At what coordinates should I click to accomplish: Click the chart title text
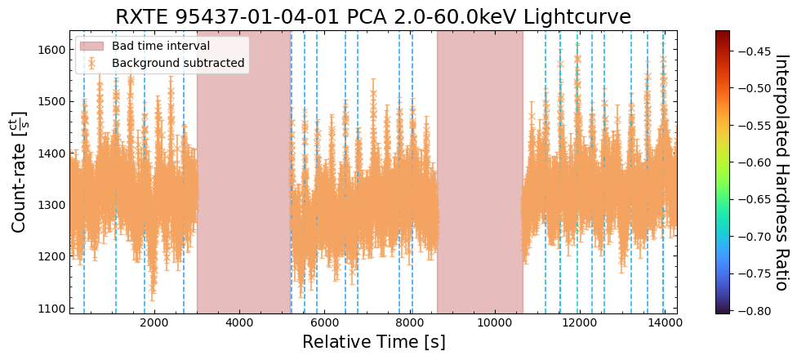[373, 16]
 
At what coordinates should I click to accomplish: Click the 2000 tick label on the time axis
[154, 322]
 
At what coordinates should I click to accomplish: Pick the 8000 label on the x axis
[409, 322]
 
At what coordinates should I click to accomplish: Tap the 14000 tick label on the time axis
[664, 322]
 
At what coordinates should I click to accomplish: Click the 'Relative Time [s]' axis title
[373, 342]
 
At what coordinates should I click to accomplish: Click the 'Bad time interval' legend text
[161, 46]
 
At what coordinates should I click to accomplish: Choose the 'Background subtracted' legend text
[178, 63]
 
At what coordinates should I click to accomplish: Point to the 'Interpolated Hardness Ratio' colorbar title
[781, 172]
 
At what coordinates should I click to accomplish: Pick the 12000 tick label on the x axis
[579, 322]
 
